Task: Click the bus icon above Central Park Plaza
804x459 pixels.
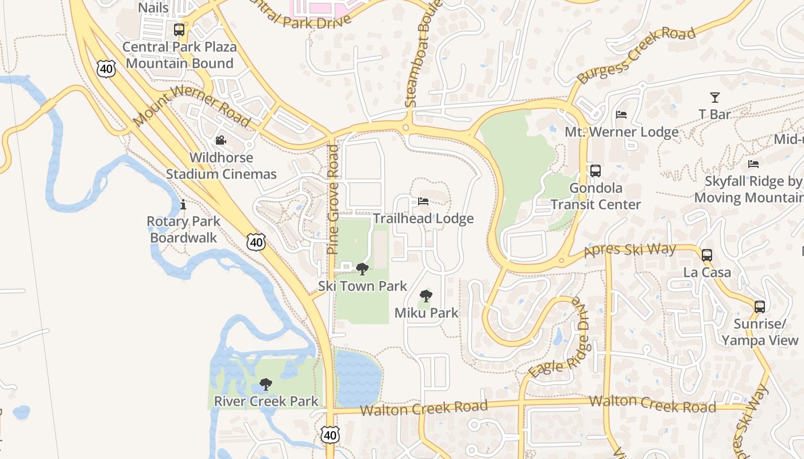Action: pyautogui.click(x=179, y=29)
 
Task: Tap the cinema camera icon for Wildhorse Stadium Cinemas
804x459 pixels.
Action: pyautogui.click(x=221, y=140)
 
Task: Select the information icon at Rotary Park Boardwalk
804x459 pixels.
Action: pyautogui.click(x=183, y=204)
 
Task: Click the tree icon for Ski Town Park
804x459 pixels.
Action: pyautogui.click(x=362, y=269)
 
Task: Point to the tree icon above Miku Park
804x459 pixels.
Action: pyautogui.click(x=426, y=296)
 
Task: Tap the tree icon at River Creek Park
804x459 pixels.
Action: pyautogui.click(x=265, y=384)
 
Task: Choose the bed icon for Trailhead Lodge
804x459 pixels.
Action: pyautogui.click(x=423, y=201)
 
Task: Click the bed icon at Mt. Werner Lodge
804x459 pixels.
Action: pyautogui.click(x=621, y=115)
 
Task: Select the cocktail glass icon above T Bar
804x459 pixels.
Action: pyautogui.click(x=714, y=97)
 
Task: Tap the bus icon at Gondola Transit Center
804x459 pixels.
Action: pyautogui.click(x=596, y=171)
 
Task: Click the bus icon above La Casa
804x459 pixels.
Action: pyautogui.click(x=707, y=255)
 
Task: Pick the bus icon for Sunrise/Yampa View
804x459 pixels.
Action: pyautogui.click(x=760, y=307)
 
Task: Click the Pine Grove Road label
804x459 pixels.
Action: pyautogui.click(x=334, y=199)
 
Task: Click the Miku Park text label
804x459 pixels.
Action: pyautogui.click(x=426, y=313)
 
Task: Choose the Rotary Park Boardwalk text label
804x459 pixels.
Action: pyautogui.click(x=183, y=229)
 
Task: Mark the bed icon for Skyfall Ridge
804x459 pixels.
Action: pyautogui.click(x=753, y=164)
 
